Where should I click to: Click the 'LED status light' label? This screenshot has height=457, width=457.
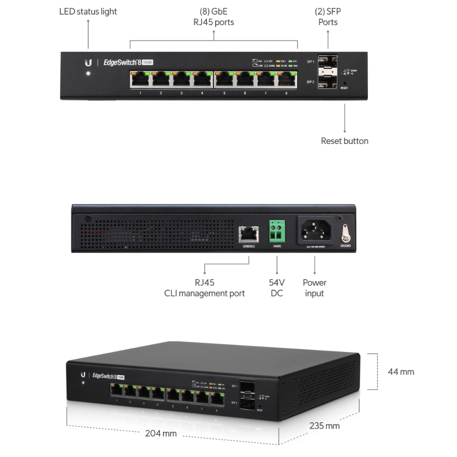[x=88, y=11]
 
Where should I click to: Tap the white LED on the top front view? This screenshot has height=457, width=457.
[x=88, y=74]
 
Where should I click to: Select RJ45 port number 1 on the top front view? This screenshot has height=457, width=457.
[x=140, y=80]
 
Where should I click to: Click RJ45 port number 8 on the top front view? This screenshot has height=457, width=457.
[x=287, y=80]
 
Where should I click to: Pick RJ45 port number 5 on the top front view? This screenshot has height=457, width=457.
[x=224, y=80]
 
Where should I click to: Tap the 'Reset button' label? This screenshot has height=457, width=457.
[x=345, y=141]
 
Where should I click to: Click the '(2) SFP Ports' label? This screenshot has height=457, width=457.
[x=328, y=16]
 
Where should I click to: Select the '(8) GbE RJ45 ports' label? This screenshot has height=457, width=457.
[x=214, y=16]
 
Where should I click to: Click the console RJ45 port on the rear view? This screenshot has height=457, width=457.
[x=249, y=234]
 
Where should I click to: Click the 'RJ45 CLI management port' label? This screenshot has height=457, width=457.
[x=204, y=288]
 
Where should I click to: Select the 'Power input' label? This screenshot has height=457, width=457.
[x=314, y=288]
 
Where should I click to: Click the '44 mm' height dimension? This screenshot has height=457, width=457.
[x=401, y=372]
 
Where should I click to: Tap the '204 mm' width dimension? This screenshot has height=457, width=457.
[x=161, y=433]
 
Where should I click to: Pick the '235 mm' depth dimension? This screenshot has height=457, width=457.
[x=324, y=425]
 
